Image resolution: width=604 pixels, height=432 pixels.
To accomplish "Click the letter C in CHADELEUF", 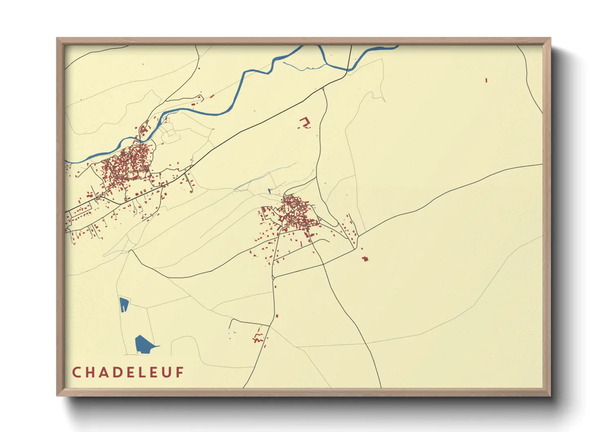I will pyautogui.click(x=76, y=372).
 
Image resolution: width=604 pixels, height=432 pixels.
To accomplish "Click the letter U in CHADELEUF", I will pyautogui.click(x=166, y=372).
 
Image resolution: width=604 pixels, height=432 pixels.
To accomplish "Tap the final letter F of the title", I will pyautogui.click(x=180, y=372).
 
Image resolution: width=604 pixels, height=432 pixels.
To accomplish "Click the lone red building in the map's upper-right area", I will pyautogui.click(x=486, y=80).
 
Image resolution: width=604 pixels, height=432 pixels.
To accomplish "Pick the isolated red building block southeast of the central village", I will pyautogui.click(x=365, y=258).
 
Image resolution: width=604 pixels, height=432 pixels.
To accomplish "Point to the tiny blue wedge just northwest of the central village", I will pyautogui.click(x=269, y=191).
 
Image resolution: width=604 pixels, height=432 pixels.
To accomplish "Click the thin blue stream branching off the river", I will pyautogui.click(x=302, y=67).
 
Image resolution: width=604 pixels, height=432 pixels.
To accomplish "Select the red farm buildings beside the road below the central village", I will pyautogui.click(x=258, y=336).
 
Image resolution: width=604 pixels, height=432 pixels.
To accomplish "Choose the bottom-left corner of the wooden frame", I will pyautogui.click(x=58, y=395).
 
